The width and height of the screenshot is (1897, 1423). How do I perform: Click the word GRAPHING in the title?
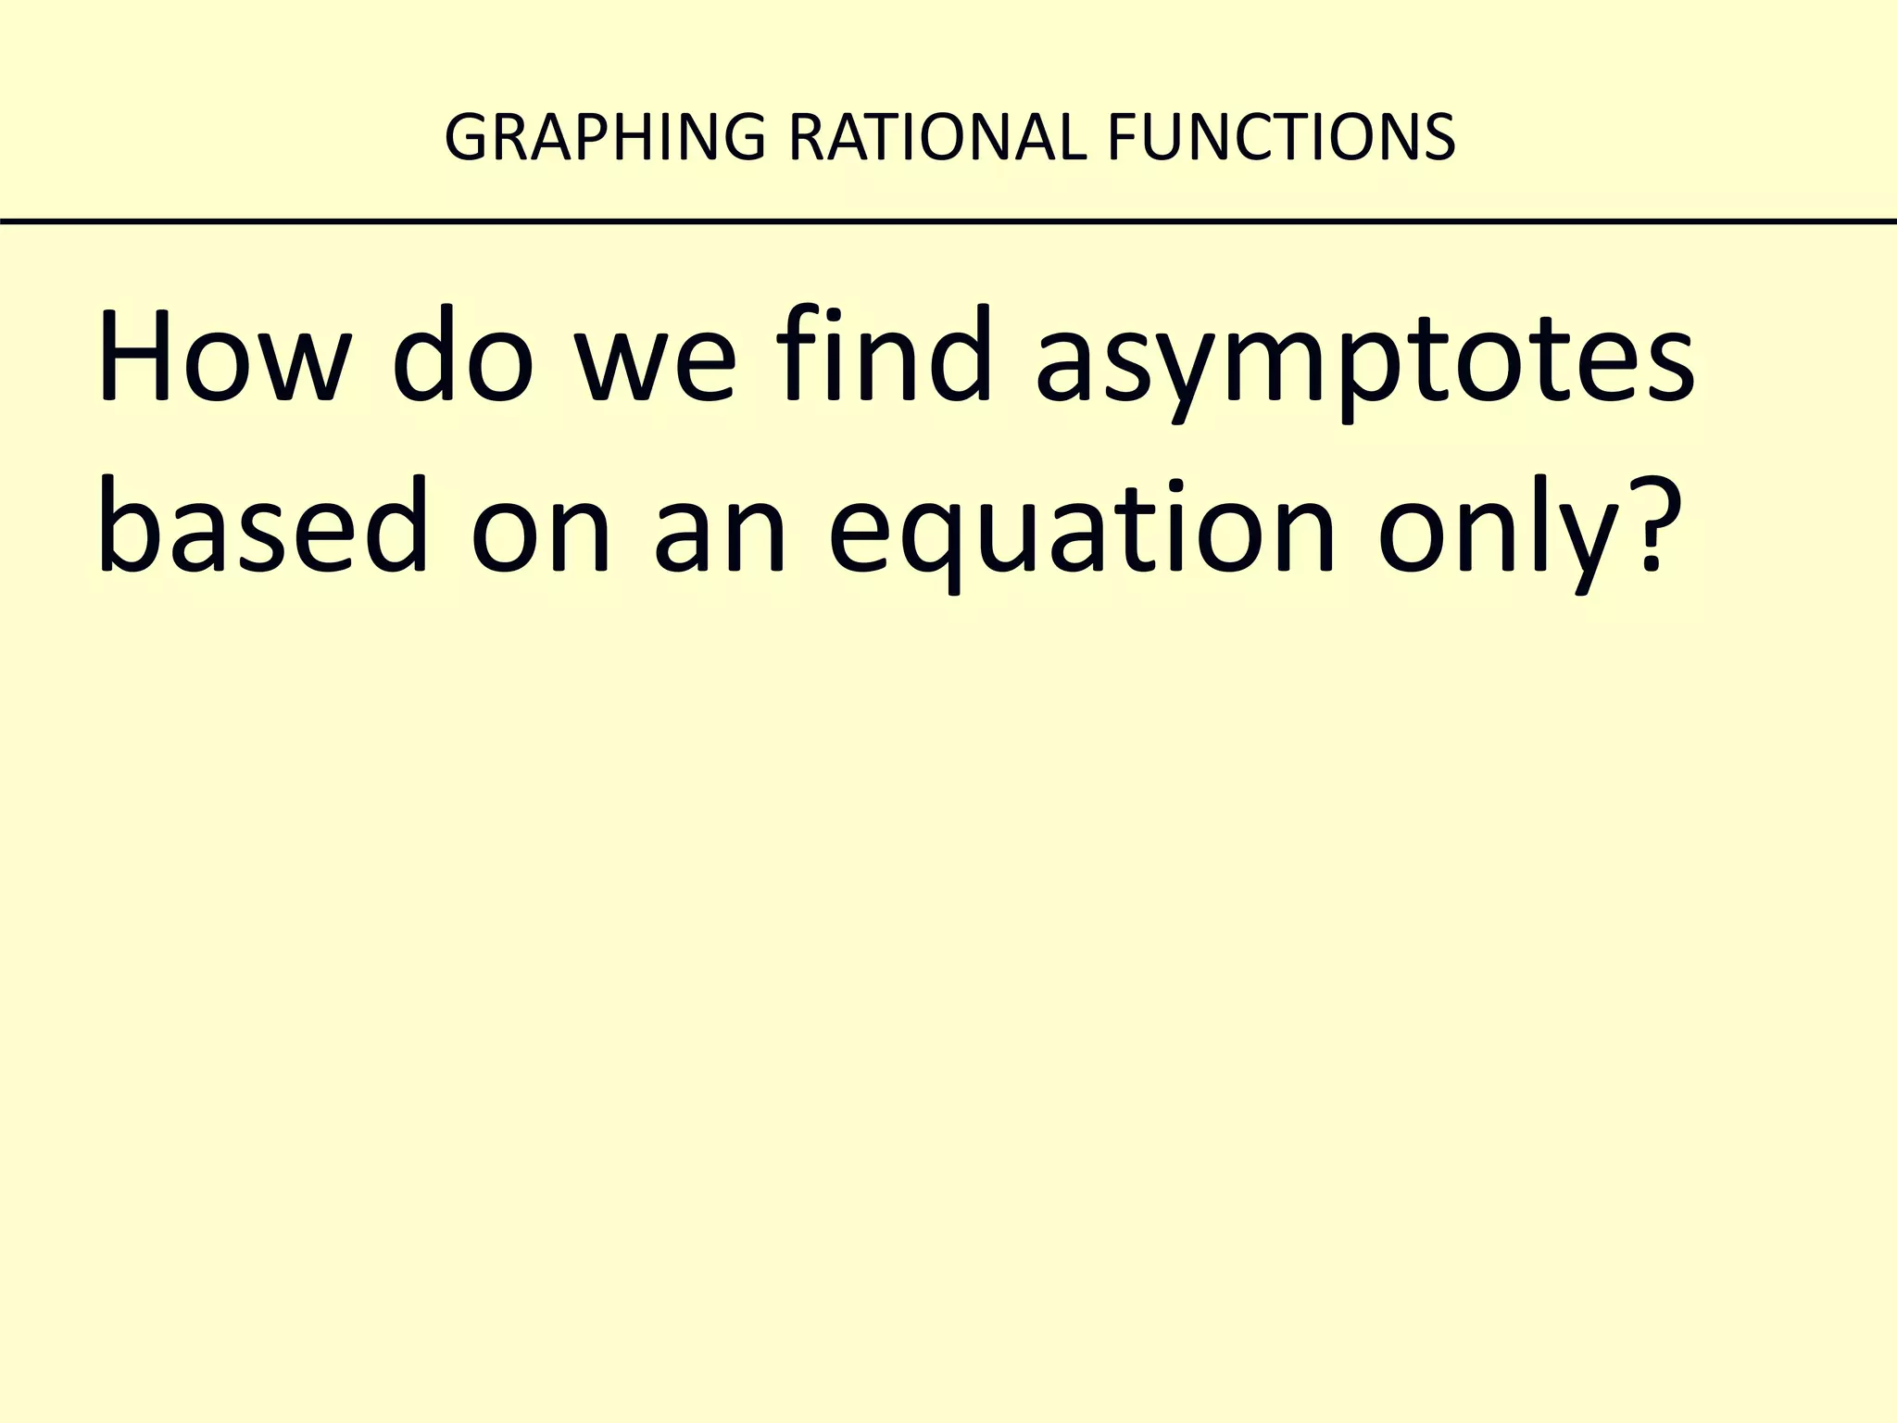[605, 137]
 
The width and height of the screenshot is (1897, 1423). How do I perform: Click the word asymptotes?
[1364, 366]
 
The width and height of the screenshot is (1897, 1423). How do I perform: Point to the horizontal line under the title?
[948, 221]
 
